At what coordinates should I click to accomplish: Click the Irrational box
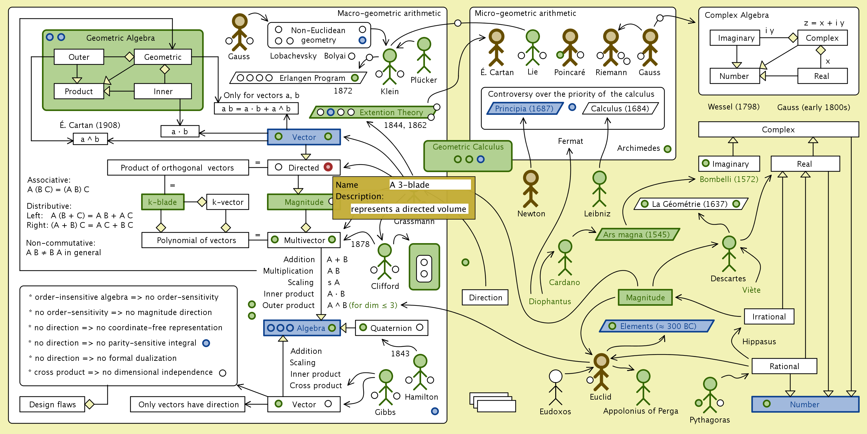(769, 316)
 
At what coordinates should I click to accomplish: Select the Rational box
(784, 366)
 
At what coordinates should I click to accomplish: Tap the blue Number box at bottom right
(805, 404)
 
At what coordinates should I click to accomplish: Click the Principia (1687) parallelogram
(524, 108)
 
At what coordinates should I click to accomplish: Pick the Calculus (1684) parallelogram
(620, 108)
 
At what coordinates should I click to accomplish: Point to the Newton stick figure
(530, 189)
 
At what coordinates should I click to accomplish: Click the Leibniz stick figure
(599, 189)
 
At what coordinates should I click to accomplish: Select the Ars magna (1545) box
(637, 234)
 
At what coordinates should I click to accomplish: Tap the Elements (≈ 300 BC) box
(657, 326)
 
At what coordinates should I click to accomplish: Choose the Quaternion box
(391, 328)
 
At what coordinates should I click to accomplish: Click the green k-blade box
(163, 202)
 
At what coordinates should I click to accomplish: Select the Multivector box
(304, 240)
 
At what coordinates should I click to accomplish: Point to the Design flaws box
(52, 404)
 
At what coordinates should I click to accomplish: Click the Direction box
(485, 297)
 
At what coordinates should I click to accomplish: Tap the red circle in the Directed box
(328, 167)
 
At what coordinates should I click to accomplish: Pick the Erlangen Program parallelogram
(298, 78)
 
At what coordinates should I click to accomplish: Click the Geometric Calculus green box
(468, 155)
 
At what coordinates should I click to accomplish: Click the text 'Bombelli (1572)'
(729, 179)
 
